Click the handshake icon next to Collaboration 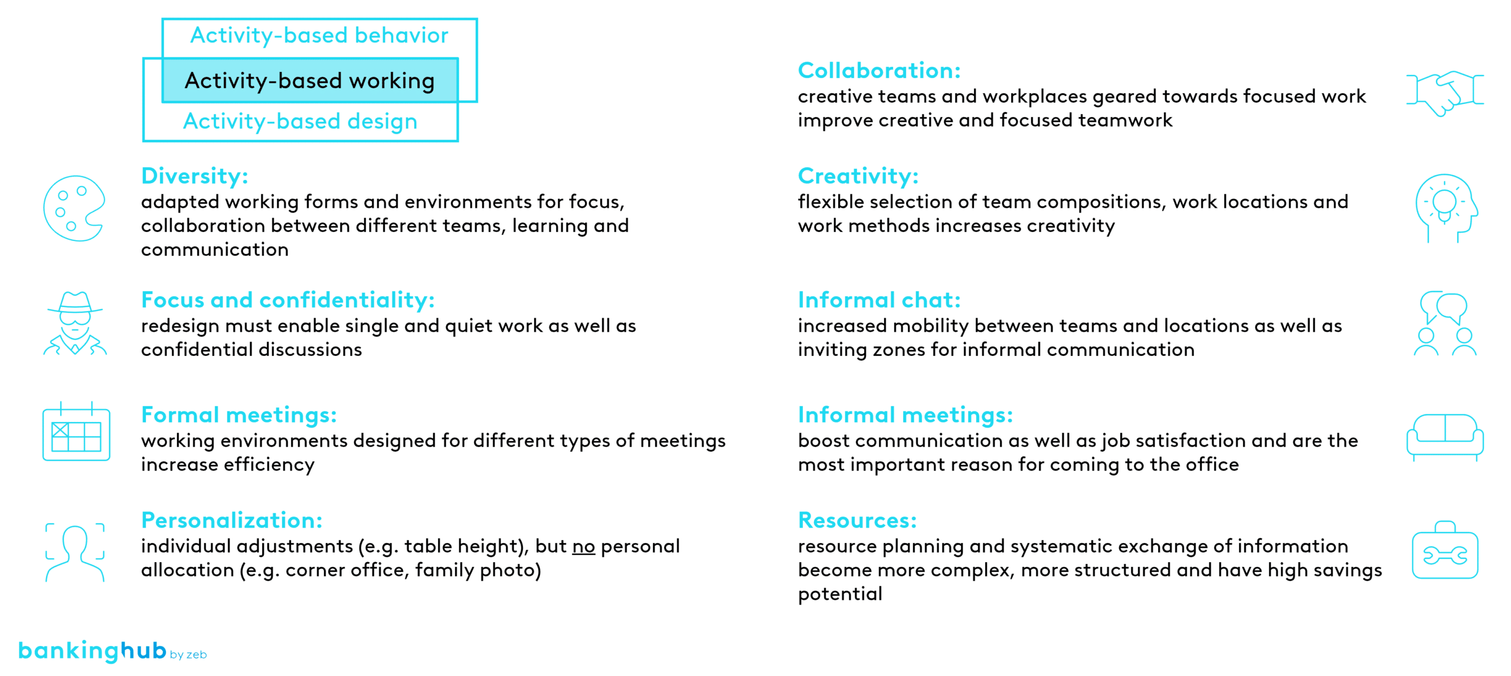tap(1444, 93)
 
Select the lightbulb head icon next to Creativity tap(1446, 208)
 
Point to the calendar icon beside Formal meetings tap(76, 432)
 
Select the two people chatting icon tap(1445, 323)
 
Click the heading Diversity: tap(195, 176)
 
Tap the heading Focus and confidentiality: tap(288, 300)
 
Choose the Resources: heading tap(858, 520)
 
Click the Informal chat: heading tap(879, 300)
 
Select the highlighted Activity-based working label tap(310, 80)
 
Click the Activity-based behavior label tap(319, 35)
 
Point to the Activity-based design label tap(300, 121)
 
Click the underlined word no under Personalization tap(584, 547)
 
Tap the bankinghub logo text tap(92, 650)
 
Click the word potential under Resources tap(840, 594)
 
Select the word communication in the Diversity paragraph tap(215, 250)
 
